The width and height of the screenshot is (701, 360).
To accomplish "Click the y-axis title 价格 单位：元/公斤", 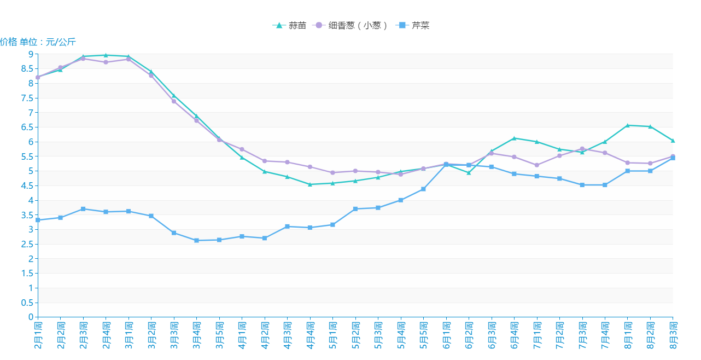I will click(38, 42).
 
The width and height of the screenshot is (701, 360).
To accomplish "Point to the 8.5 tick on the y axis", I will click(27, 69).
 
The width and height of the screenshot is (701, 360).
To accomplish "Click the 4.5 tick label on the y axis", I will click(27, 186).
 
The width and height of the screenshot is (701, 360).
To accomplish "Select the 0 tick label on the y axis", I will click(31, 317).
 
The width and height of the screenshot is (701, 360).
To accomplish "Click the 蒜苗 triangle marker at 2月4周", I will click(106, 55).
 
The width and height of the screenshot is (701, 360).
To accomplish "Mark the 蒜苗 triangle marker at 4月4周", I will click(310, 184).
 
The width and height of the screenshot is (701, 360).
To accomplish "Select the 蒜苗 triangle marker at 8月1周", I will click(628, 125).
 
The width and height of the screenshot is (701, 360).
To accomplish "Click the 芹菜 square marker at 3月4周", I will click(197, 240).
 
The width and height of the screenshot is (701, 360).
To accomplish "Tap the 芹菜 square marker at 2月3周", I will click(83, 209).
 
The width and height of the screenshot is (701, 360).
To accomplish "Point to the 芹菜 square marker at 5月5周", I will click(423, 189).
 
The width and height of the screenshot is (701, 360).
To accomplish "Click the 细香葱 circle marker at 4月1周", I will click(242, 149).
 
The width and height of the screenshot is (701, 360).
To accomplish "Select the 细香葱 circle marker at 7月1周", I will click(537, 165).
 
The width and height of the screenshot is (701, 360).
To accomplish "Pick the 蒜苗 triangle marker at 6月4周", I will click(514, 138).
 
